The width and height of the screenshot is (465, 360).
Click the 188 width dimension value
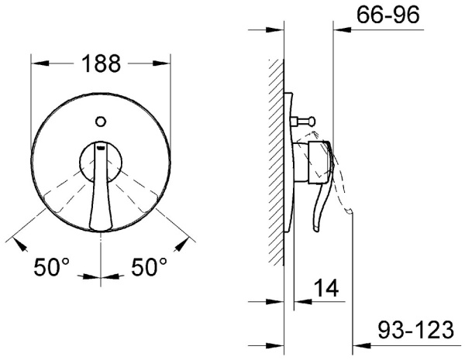pos(101,63)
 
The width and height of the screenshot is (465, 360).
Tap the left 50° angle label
pos(51,267)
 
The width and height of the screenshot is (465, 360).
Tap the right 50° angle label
pos(149,267)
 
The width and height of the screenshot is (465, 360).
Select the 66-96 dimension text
pos(388,15)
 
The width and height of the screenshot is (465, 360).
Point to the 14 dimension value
pos(326,287)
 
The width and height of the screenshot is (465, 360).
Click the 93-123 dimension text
pos(415,330)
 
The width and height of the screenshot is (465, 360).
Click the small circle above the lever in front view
pos(101,122)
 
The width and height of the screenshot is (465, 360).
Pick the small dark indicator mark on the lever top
pos(101,146)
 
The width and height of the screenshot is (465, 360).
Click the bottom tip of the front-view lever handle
pos(101,228)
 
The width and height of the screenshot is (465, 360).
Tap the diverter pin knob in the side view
pos(312,121)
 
